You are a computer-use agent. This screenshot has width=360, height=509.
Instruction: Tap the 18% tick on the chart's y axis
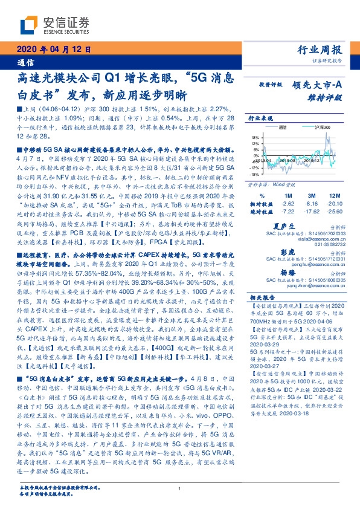pos(254,137)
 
